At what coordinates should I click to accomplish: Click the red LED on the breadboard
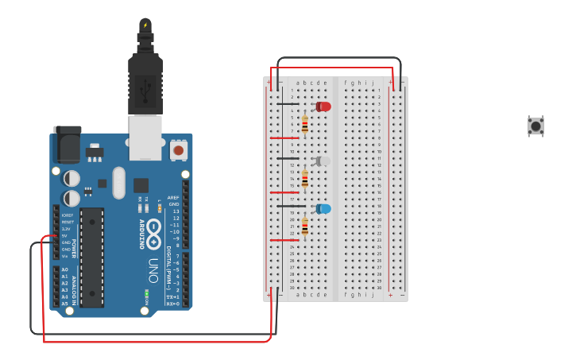[323, 106]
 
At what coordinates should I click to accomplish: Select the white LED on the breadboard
[323, 161]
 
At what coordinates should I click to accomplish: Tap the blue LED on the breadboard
[323, 209]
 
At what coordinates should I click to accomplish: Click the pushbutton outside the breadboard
[536, 126]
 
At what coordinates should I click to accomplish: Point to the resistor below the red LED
[304, 125]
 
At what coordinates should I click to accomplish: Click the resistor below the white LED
[304, 179]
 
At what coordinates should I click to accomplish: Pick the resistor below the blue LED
[304, 226]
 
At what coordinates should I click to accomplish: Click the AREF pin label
[173, 197]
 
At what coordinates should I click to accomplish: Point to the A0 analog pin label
[64, 269]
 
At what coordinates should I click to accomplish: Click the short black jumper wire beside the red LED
[288, 104]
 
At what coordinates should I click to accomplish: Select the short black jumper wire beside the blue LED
[288, 206]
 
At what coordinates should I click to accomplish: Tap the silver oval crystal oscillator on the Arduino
[118, 183]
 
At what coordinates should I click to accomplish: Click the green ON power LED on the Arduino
[146, 294]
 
